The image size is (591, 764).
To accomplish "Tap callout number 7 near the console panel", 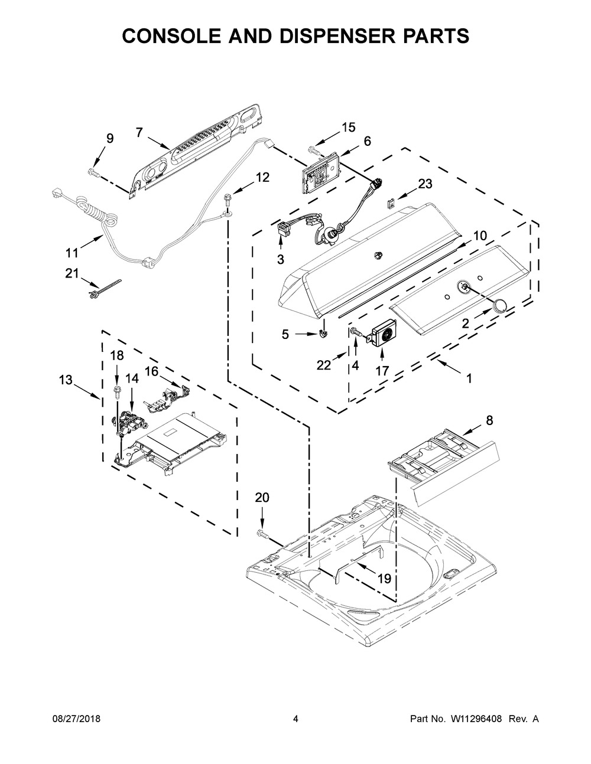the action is point(139,132).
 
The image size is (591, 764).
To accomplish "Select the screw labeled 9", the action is point(93,172).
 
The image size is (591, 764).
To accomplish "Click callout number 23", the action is point(425,184).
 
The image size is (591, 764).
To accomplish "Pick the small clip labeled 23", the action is point(391,203).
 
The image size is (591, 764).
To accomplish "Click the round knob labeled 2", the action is point(499,305).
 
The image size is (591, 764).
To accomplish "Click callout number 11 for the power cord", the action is point(72,253).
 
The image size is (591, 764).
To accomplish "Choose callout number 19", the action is point(384,579).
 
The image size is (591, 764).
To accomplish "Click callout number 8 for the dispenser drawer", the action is point(489,420).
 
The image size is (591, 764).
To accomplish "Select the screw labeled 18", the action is point(117,392).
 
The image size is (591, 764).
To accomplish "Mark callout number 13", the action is point(66,380).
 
